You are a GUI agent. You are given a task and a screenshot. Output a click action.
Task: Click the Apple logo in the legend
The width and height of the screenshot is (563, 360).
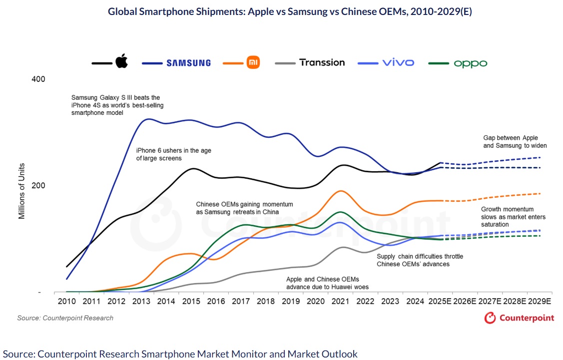click(x=122, y=62)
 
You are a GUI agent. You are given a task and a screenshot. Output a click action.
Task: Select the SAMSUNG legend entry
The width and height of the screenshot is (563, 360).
click(x=188, y=63)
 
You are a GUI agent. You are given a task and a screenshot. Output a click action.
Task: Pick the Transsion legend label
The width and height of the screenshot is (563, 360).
click(x=322, y=62)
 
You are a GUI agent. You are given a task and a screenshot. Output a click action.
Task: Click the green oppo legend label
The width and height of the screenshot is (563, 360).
click(x=470, y=63)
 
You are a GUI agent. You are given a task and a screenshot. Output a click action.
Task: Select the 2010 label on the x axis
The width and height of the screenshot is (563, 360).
click(x=66, y=302)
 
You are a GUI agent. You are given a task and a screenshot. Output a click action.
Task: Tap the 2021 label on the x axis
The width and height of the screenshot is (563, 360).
click(x=341, y=302)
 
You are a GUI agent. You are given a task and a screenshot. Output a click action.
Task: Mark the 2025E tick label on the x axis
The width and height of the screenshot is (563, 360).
click(x=440, y=302)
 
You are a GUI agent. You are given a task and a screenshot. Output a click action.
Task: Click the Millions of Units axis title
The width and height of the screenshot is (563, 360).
click(x=22, y=186)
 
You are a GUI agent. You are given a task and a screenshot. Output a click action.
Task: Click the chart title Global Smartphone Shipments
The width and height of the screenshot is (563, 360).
click(x=290, y=11)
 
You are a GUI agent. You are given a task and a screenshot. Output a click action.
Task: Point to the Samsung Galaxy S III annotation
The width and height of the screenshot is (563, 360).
click(x=117, y=105)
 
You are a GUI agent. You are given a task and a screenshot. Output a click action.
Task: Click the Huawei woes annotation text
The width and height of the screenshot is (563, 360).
click(x=329, y=283)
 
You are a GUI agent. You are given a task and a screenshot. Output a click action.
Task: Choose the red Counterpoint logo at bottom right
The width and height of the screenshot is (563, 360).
click(x=519, y=318)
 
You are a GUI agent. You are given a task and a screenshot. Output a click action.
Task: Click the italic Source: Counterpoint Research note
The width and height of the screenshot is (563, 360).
click(x=65, y=318)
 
